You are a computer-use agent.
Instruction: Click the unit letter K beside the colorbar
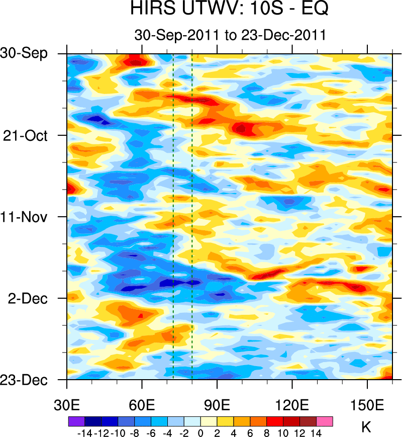click(x=366, y=428)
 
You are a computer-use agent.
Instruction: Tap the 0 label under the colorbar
click(x=200, y=433)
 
